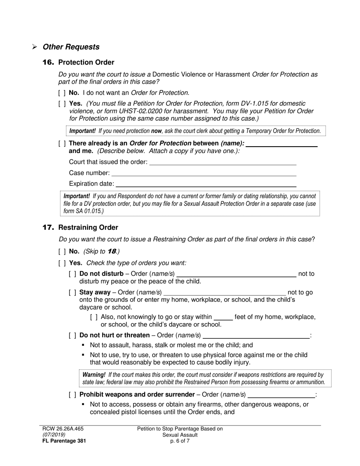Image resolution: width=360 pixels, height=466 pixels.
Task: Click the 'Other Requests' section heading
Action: (x=71, y=47)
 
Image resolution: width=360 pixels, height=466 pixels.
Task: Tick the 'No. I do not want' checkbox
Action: (x=62, y=93)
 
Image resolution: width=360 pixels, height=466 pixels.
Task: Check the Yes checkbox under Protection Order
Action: (x=62, y=103)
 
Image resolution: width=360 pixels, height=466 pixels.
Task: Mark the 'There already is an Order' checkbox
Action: (x=62, y=143)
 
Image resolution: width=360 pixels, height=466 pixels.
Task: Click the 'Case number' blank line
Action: (x=203, y=173)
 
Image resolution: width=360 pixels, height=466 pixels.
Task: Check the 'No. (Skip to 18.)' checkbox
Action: (x=62, y=252)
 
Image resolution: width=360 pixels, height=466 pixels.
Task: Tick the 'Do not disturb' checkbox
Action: (x=72, y=274)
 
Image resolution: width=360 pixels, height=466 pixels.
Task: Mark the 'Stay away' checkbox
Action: (x=72, y=292)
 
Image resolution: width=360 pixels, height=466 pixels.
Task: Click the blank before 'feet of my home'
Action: (x=223, y=317)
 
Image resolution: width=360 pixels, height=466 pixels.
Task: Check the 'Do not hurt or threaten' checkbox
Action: (x=72, y=335)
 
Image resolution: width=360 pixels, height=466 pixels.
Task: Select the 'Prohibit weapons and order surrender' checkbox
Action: (x=72, y=395)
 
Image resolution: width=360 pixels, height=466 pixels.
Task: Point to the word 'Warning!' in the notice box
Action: (x=94, y=375)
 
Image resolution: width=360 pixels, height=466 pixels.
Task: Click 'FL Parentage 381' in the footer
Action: (x=61, y=441)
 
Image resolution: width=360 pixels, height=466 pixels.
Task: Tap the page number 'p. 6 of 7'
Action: (x=180, y=441)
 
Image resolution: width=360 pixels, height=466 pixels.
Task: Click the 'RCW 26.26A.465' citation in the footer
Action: (x=63, y=429)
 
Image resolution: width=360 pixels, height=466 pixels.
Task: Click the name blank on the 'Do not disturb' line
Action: (x=236, y=274)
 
